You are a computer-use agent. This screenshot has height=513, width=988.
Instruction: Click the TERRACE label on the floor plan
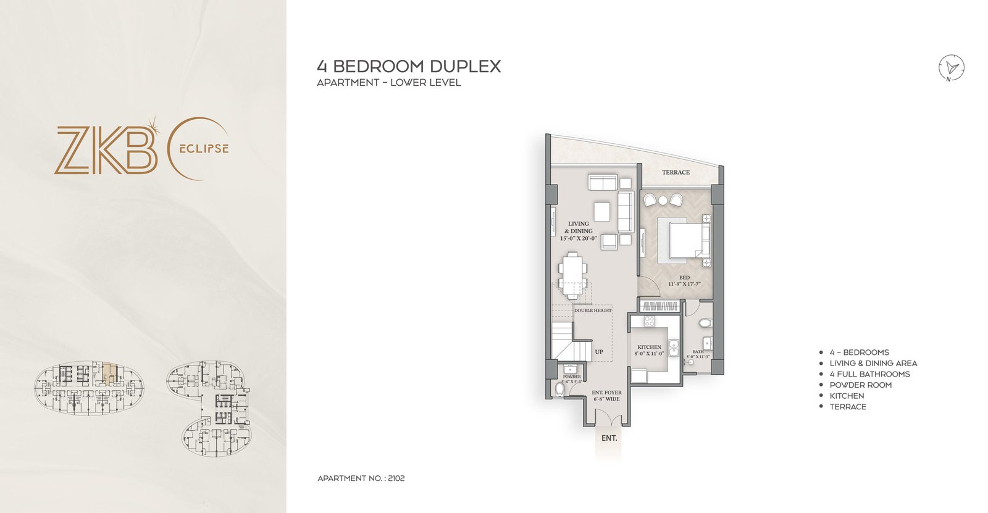(x=676, y=172)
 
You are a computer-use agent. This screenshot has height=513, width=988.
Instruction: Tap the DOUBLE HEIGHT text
(x=593, y=311)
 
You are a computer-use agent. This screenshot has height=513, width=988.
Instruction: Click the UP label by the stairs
(x=599, y=352)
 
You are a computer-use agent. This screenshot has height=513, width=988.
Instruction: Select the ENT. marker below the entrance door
(x=609, y=438)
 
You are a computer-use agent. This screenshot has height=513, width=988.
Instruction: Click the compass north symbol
(x=952, y=67)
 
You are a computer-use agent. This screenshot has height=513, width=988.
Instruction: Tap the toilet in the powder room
(x=559, y=388)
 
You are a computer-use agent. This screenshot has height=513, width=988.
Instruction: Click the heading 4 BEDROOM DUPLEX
(x=409, y=67)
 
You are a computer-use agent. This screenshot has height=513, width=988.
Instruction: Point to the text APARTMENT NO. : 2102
(x=361, y=478)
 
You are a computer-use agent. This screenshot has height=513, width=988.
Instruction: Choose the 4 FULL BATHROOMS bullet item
(x=869, y=374)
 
